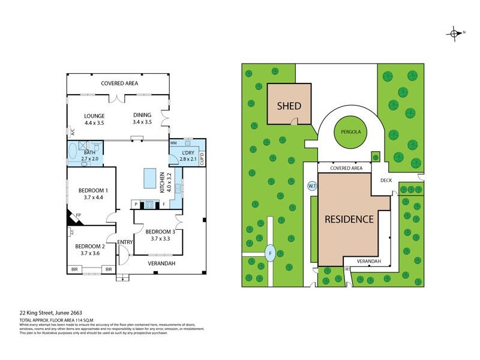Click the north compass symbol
pos(454,33)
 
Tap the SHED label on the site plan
pos(289,106)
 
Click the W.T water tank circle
pos(312,185)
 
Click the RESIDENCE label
pos(349,219)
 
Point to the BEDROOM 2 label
pos(90,250)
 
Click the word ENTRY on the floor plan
pos(125,242)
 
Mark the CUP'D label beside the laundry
pos(202,158)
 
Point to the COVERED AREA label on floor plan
pos(119,83)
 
